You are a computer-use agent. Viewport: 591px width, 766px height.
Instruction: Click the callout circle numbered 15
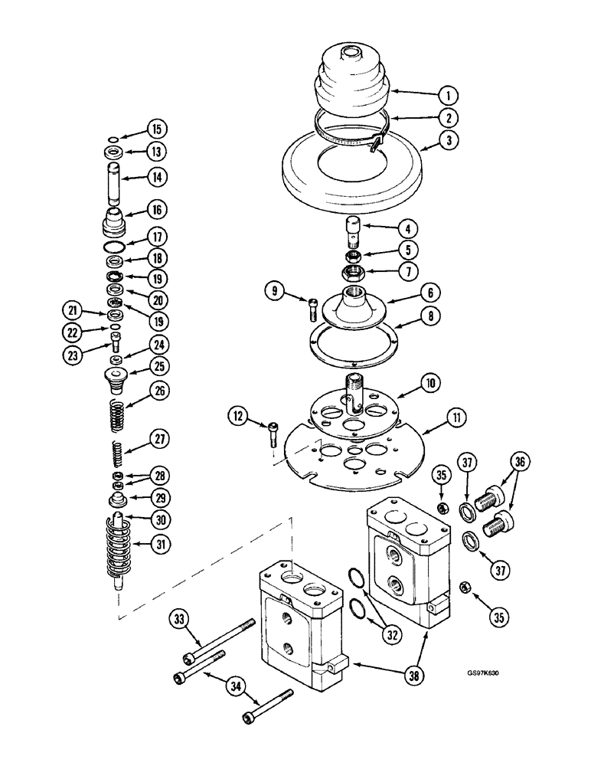[156, 128]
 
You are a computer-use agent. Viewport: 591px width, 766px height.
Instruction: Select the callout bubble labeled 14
[156, 176]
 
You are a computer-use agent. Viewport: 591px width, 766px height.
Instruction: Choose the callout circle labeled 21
[72, 310]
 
